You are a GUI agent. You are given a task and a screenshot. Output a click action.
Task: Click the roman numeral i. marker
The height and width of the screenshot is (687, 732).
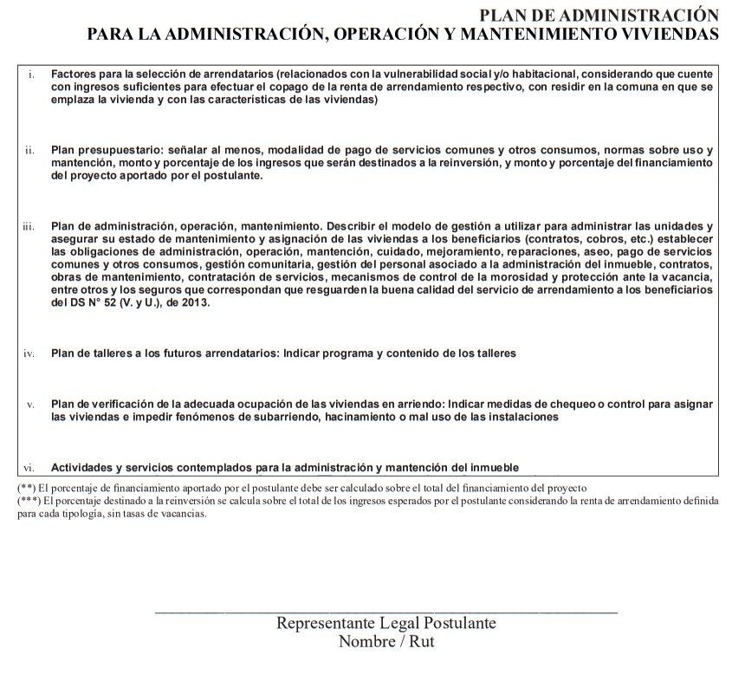click(31, 75)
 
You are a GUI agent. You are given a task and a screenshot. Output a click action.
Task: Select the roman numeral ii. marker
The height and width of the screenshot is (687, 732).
click(29, 151)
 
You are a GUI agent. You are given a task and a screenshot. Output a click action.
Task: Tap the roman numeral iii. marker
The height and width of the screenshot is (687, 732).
click(29, 227)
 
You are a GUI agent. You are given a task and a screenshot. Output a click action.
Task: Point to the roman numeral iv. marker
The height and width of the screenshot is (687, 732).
click(29, 353)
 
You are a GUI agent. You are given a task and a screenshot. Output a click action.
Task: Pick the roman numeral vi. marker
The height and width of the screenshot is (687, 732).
click(29, 467)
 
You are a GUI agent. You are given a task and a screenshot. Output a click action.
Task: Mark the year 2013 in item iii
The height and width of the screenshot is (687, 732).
click(196, 303)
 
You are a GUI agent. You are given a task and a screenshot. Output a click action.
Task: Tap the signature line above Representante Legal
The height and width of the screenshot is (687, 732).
click(385, 612)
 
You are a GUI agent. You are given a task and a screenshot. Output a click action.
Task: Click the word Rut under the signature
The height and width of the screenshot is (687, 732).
click(421, 642)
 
